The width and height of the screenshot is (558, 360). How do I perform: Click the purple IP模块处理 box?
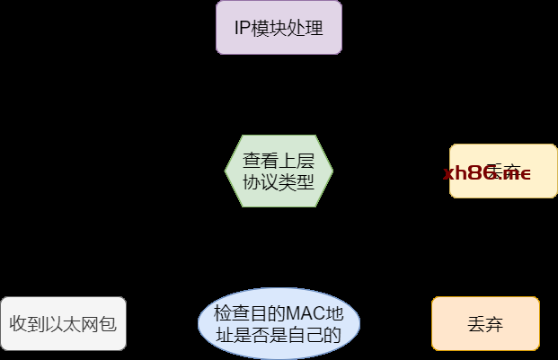tap(279, 27)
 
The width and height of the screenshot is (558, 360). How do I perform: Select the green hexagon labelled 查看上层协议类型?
tap(279, 171)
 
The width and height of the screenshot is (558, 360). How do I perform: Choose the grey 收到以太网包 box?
tap(63, 323)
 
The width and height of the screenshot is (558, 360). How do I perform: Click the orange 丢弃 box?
tap(485, 323)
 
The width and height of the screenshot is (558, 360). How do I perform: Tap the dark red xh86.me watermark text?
tap(486, 172)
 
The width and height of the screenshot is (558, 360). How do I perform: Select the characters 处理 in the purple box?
tap(307, 27)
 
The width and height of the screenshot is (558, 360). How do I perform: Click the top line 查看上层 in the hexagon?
tap(279, 161)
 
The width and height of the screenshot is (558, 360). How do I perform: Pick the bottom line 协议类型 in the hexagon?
tap(279, 181)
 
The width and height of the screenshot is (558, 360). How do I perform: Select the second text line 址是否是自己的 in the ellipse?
tap(279, 336)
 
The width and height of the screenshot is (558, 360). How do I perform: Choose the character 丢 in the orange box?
tap(476, 323)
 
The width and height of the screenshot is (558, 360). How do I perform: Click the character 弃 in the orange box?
tap(495, 323)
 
